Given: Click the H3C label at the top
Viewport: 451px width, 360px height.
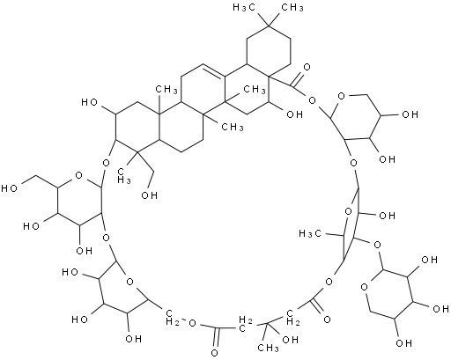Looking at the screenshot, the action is click(x=244, y=8).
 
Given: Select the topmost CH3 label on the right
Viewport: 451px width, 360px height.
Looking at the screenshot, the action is click(x=292, y=8).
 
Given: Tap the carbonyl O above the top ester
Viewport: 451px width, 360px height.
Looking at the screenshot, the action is click(x=307, y=68).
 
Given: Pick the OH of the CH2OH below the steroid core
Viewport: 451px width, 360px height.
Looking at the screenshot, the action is click(x=149, y=195).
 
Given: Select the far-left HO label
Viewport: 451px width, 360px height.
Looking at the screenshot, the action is click(x=9, y=188).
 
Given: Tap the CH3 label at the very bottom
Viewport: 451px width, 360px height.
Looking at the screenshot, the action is click(x=268, y=348).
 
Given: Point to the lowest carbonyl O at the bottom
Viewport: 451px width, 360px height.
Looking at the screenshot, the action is click(x=215, y=353).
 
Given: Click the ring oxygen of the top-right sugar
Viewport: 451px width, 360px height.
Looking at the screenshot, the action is click(x=341, y=96).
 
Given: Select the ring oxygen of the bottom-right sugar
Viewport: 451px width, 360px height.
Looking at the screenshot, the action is click(x=365, y=286).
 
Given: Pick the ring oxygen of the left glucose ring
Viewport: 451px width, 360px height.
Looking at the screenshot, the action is click(x=78, y=175).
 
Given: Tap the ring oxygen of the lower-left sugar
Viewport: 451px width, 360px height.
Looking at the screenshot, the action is click(x=129, y=282).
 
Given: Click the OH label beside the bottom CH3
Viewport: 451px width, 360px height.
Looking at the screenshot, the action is click(x=290, y=340).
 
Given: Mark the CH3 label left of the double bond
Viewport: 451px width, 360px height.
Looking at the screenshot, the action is click(x=166, y=90).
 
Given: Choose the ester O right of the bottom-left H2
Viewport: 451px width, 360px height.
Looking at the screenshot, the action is click(x=192, y=323).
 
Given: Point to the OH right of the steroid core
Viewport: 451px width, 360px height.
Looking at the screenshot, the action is click(x=294, y=114).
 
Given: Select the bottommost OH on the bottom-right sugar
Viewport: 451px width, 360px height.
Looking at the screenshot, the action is click(x=403, y=342).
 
